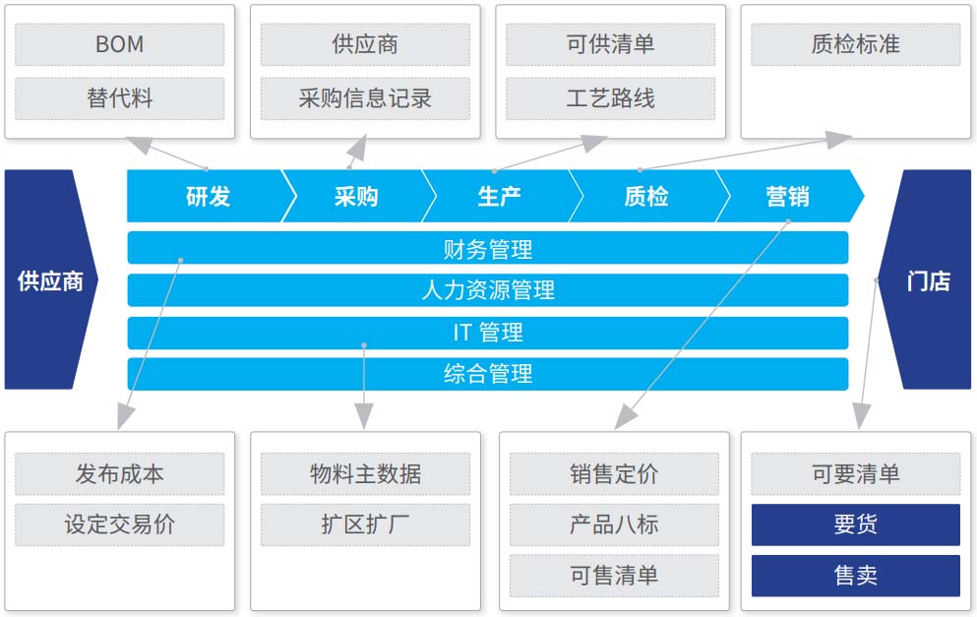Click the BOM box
click(x=120, y=44)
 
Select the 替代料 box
click(x=120, y=97)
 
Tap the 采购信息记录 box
click(x=365, y=97)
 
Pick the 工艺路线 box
click(x=611, y=97)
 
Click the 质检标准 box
click(x=856, y=44)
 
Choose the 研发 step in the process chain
click(x=209, y=197)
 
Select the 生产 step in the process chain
click(x=499, y=197)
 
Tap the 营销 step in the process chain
click(x=788, y=197)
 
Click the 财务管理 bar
click(x=488, y=248)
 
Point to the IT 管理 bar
click(x=488, y=333)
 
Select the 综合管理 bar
click(x=488, y=374)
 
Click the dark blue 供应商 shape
click(x=50, y=279)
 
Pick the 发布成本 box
click(x=120, y=474)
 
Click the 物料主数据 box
click(x=365, y=474)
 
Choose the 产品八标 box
click(x=614, y=524)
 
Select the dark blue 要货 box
click(x=856, y=524)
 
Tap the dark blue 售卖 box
click(x=856, y=576)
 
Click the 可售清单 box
click(x=614, y=576)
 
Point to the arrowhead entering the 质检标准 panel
click(x=839, y=140)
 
